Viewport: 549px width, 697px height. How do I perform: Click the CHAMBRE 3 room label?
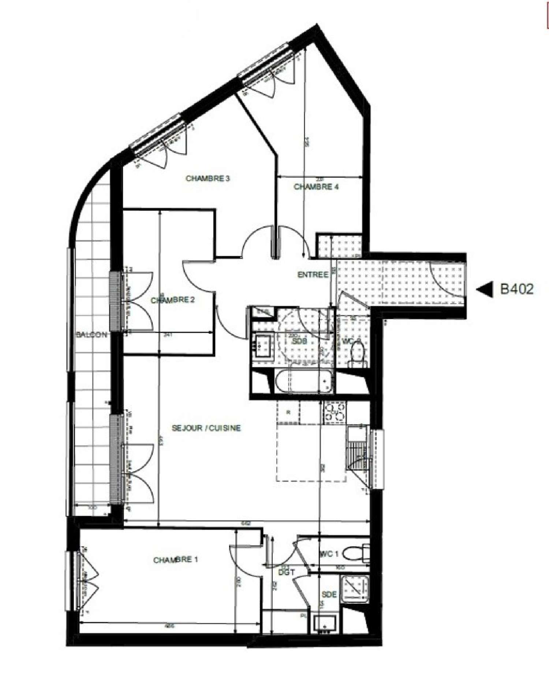(x=208, y=179)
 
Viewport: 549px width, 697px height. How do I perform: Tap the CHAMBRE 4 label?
(x=316, y=187)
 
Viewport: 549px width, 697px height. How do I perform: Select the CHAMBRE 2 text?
(x=172, y=300)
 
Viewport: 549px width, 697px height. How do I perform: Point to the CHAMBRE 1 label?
(x=175, y=560)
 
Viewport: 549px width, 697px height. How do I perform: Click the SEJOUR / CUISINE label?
(x=206, y=428)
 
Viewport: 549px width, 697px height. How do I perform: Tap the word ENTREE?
(x=313, y=274)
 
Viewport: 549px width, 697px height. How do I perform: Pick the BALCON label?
(x=91, y=334)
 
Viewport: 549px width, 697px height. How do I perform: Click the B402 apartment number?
(x=516, y=289)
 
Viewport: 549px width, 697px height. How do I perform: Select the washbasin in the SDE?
(x=325, y=623)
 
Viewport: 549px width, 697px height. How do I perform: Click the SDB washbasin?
(x=262, y=346)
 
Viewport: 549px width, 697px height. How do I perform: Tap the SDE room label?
(x=329, y=595)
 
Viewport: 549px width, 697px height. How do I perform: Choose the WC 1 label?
(x=329, y=554)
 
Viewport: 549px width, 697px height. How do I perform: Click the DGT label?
(x=287, y=572)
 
